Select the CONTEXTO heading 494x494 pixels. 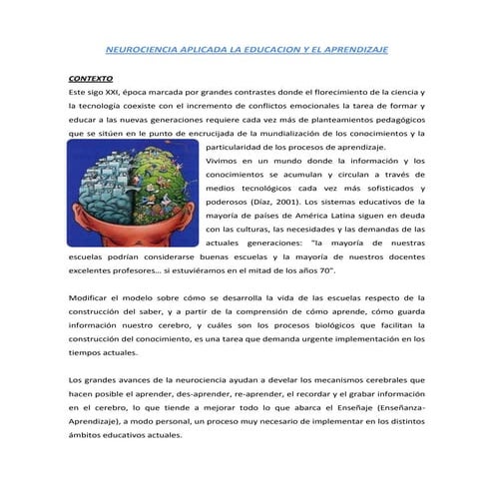pyautogui.click(x=90, y=76)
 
